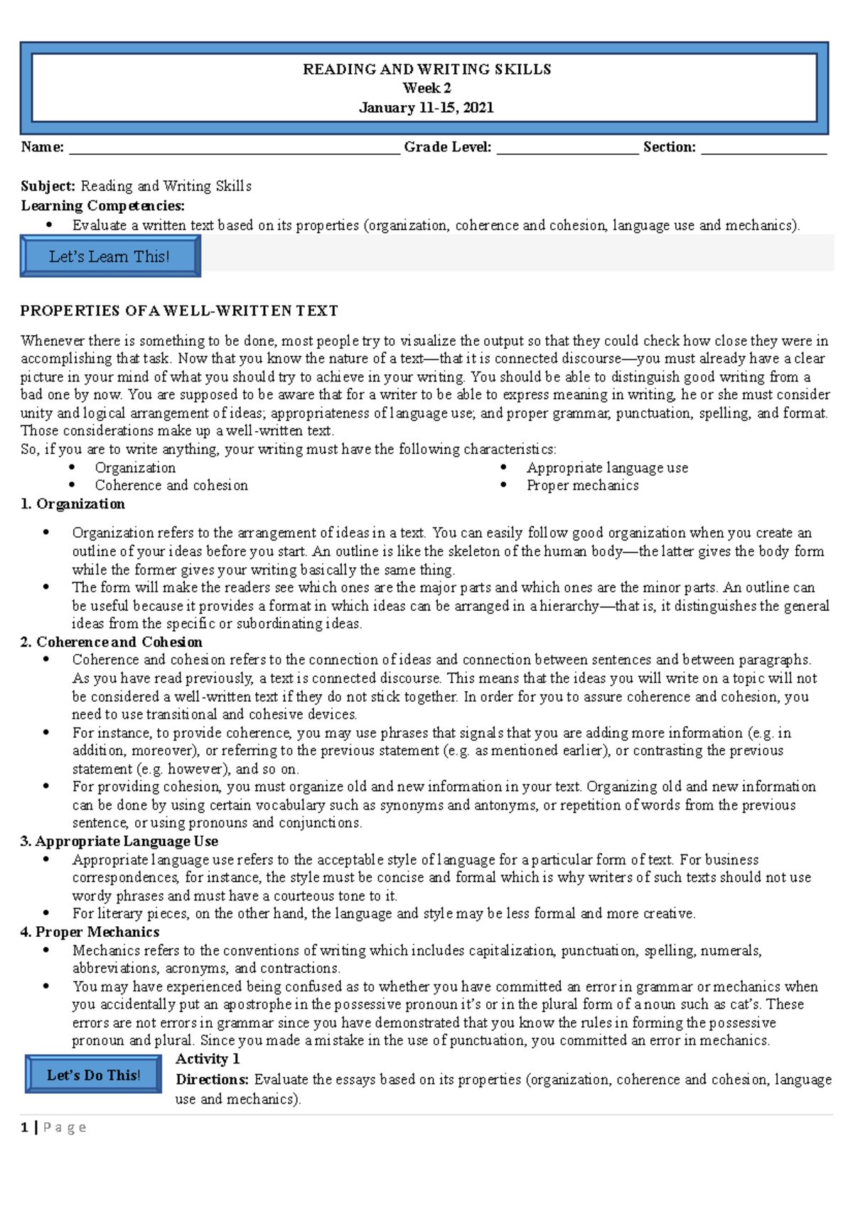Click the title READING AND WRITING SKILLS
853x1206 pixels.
(426, 69)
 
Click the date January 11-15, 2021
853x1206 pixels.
(426, 107)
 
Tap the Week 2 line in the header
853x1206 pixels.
(426, 88)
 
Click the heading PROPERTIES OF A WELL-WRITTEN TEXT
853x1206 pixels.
(179, 310)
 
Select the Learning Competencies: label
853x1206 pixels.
(102, 206)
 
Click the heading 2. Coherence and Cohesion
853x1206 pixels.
(111, 642)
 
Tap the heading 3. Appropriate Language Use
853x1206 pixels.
(119, 841)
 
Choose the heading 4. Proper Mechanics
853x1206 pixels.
(90, 932)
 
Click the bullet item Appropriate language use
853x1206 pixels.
(607, 467)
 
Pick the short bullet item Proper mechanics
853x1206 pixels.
(582, 485)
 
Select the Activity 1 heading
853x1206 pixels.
(208, 1059)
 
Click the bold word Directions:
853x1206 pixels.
(212, 1080)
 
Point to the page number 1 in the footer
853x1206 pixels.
(25, 1127)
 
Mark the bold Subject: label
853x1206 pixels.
(48, 186)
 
